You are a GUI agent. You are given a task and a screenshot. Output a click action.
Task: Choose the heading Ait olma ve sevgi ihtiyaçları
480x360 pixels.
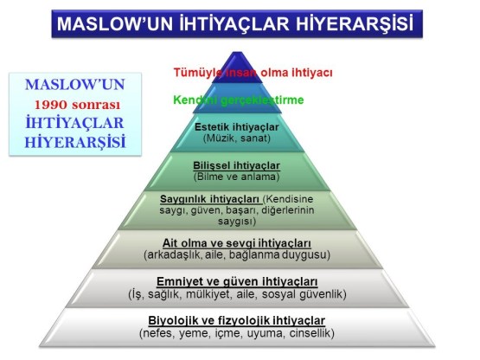237,243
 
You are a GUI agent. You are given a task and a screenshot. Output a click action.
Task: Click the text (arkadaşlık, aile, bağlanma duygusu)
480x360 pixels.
237,255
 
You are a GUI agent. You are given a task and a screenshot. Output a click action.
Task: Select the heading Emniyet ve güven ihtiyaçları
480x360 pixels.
237,282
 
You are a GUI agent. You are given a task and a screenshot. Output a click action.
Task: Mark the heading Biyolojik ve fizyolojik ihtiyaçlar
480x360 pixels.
237,321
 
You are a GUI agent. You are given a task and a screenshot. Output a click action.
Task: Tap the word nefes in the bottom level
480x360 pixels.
163,333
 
